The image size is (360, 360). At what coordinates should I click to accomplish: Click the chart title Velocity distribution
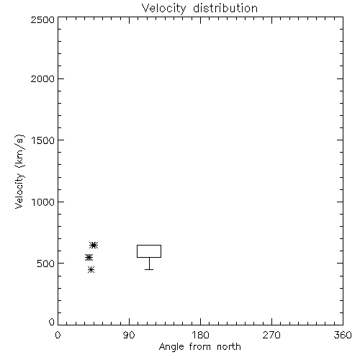coord(199,9)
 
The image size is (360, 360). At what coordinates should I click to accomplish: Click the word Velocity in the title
coord(164,9)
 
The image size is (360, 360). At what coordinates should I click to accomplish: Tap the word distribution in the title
coord(225,8)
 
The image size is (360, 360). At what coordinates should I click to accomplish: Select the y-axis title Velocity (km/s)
coord(19,171)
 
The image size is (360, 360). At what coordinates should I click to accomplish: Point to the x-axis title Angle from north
coord(199,347)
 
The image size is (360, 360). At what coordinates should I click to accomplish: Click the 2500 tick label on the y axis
coord(42,19)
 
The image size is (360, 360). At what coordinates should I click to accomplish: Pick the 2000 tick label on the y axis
coord(42,78)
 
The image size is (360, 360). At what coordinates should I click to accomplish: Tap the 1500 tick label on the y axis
coord(43,140)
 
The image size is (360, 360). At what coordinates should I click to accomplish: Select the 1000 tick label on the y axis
coord(43,202)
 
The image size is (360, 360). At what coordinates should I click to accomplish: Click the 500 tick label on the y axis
coord(46,264)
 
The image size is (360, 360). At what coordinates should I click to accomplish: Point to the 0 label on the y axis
coord(52,322)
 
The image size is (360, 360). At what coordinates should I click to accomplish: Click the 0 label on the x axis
coord(58,335)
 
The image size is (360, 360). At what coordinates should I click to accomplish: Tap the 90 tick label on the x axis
coord(129,335)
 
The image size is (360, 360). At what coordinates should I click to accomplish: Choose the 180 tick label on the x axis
coord(200,335)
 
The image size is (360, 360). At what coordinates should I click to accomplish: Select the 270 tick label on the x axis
coord(271,335)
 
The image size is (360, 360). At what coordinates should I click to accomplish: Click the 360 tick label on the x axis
coord(343,335)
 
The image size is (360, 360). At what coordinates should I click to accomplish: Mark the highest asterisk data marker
coord(94,245)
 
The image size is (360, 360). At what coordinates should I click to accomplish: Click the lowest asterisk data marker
coord(91,269)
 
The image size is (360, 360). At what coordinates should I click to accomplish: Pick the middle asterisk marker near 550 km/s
coord(89,257)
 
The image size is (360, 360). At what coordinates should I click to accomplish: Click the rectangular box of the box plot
coord(149,245)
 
